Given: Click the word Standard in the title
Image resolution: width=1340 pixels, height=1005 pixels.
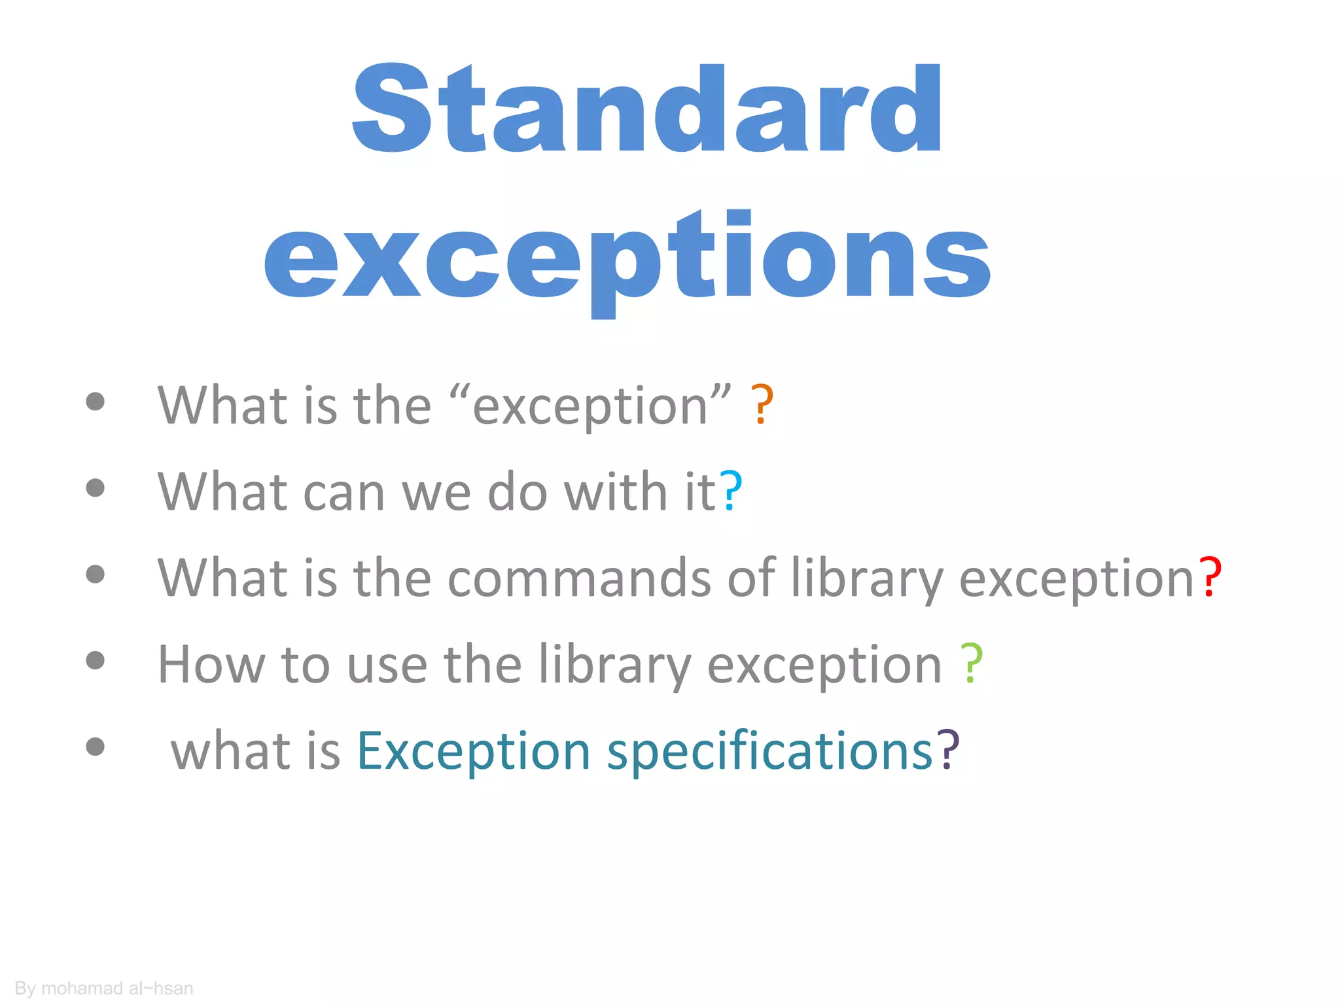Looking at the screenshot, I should pos(646,109).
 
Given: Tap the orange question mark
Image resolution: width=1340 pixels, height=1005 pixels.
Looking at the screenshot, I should pos(762,405).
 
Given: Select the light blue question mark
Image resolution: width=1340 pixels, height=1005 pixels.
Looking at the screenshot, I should pos(732,491).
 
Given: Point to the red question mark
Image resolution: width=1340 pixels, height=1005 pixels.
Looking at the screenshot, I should pos(1210,578).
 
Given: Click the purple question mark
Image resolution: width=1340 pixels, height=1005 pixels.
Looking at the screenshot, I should pos(948,750).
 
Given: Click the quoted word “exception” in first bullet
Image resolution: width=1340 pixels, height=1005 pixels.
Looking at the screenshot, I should pos(590,405).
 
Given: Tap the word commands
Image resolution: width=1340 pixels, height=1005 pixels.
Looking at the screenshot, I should pos(579,578).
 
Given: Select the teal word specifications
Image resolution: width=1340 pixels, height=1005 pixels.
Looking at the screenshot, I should pos(769,752).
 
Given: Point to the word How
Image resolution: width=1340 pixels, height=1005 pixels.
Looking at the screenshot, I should pos(211,664).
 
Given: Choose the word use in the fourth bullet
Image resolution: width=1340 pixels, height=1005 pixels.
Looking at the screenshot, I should pos(387,665).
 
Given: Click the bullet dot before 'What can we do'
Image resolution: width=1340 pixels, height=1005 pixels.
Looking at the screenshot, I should pos(96,487).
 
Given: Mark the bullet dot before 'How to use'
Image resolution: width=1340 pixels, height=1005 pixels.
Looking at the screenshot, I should pos(96,660).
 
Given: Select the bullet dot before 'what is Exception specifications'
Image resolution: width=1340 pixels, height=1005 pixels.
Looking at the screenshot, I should pos(96,746).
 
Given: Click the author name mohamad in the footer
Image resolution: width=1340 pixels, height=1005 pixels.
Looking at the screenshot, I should pos(82,988).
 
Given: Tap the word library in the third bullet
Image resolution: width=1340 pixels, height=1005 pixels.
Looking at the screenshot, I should pos(867,579).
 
